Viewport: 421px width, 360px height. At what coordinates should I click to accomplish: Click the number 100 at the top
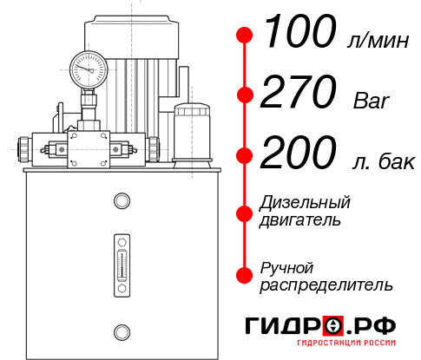pos(299,34)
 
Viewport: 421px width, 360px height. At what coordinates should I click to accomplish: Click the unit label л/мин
pos(375,41)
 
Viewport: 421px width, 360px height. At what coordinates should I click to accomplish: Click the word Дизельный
pos(305,203)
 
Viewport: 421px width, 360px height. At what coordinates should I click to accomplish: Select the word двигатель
pos(300,220)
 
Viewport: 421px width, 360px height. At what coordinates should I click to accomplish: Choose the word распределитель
pos(326,284)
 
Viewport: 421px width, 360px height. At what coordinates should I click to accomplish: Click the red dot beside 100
pos(245,36)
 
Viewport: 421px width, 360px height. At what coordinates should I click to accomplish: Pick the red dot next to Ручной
pos(245,274)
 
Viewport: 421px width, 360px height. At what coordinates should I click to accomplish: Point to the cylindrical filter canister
pos(191,134)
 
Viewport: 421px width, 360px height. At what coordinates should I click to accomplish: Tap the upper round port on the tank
pos(121,201)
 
